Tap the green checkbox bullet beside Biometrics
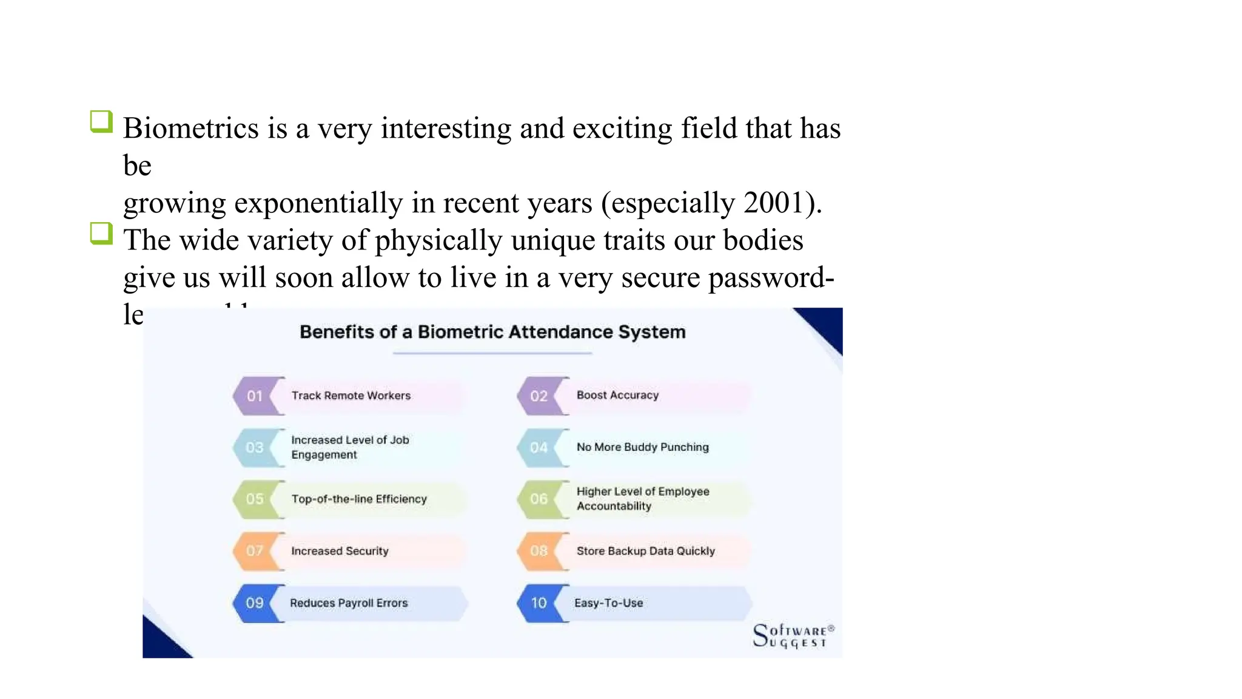(x=101, y=121)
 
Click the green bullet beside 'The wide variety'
(x=101, y=234)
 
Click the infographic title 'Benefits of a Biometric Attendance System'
(x=492, y=332)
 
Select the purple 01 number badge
(x=255, y=396)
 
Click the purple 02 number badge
(x=539, y=396)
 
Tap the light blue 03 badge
(x=255, y=448)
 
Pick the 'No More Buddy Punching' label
(x=642, y=447)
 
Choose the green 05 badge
(x=255, y=499)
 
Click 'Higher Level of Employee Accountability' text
(x=642, y=499)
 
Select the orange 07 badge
(x=255, y=551)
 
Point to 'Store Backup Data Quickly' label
(x=645, y=551)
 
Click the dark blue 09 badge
(x=255, y=603)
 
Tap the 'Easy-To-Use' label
(x=608, y=603)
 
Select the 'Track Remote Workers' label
(x=351, y=396)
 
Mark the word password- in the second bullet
(x=771, y=278)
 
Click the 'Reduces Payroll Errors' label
(x=349, y=603)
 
